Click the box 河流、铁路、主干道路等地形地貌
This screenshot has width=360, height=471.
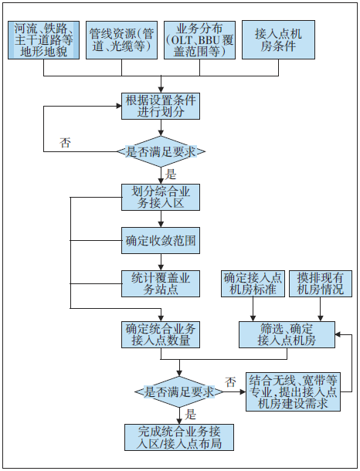(43, 40)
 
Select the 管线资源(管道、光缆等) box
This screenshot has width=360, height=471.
(121, 40)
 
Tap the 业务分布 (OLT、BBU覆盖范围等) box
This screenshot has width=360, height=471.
(199, 40)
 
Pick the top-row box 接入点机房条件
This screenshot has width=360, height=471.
(278, 40)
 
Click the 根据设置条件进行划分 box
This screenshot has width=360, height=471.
(161, 107)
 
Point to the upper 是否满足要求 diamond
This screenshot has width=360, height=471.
(161, 151)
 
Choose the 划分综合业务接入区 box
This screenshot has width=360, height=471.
(161, 198)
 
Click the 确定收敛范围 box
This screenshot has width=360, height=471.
(161, 241)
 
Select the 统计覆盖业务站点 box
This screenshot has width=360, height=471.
(161, 284)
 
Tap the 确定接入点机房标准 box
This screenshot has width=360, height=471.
(253, 284)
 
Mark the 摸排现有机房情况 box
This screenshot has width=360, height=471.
(321, 284)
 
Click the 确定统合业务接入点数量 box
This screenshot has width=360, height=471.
(161, 335)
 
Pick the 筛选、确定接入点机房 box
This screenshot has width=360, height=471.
(287, 335)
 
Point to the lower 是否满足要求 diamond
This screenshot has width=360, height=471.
(179, 392)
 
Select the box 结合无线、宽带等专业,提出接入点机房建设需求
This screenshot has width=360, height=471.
(293, 392)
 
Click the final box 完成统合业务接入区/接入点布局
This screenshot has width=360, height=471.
(179, 437)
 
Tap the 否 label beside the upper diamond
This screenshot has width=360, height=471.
(65, 142)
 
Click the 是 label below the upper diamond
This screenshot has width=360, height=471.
(171, 175)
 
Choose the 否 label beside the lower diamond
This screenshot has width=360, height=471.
(230, 382)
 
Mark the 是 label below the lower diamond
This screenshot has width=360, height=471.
(190, 415)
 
